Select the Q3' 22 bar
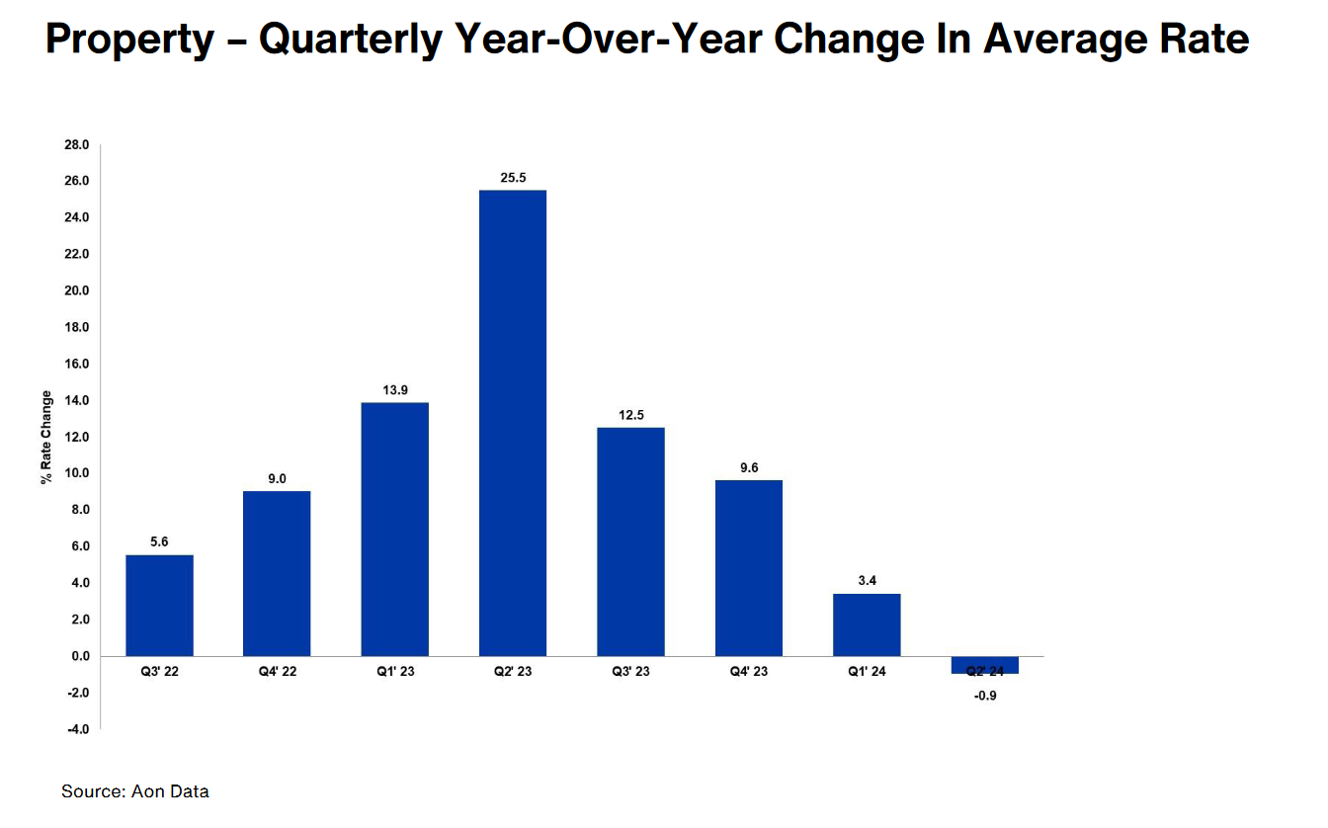[x=159, y=605]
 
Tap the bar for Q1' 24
[x=867, y=624]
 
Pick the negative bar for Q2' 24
[x=984, y=665]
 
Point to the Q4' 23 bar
[x=748, y=568]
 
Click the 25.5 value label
[x=513, y=178]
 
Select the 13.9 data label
[x=395, y=390]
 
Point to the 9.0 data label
[x=277, y=479]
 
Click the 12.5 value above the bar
[x=630, y=415]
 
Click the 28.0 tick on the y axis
[x=77, y=145]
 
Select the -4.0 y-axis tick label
[x=77, y=729]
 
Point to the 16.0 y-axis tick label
[x=77, y=364]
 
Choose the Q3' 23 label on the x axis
[x=630, y=672]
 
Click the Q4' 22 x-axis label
[x=277, y=672]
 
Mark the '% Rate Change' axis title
[x=46, y=437]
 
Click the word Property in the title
[x=129, y=41]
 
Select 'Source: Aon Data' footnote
[x=135, y=791]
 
